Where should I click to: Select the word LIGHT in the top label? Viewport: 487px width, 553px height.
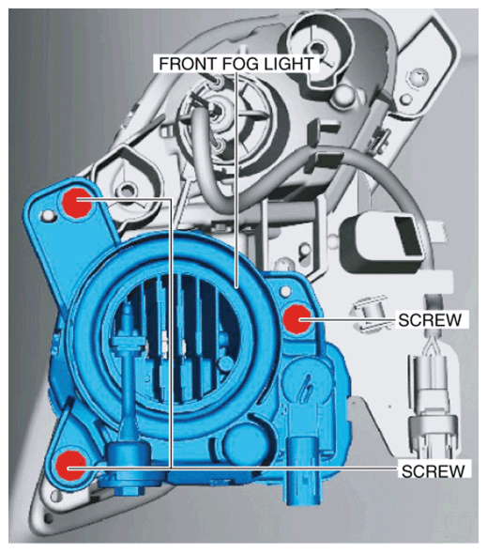287,64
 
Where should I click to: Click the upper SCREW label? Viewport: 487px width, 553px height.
430,320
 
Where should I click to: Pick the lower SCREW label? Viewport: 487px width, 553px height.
434,470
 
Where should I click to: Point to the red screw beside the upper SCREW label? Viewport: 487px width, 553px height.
297,319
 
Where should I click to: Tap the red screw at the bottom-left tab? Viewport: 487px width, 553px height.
71,466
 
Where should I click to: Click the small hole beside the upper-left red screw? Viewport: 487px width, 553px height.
47,214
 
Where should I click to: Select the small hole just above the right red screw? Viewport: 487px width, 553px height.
285,291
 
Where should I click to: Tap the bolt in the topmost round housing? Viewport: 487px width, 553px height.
316,47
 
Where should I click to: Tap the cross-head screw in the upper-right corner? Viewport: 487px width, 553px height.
419,77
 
